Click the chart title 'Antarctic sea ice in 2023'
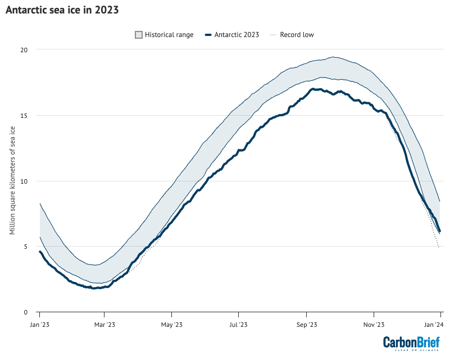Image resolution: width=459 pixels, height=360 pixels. click(62, 11)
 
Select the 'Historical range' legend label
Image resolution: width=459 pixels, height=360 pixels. click(169, 35)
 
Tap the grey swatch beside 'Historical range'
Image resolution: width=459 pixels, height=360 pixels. click(139, 35)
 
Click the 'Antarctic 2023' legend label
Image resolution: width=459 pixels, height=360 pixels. click(237, 35)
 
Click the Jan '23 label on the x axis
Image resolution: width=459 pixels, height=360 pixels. click(39, 324)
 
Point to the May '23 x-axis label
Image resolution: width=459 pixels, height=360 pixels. click(171, 324)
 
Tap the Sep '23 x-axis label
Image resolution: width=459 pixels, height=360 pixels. click(306, 324)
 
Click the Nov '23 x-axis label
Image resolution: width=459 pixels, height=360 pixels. click(374, 324)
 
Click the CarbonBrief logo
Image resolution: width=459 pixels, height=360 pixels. click(411, 343)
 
